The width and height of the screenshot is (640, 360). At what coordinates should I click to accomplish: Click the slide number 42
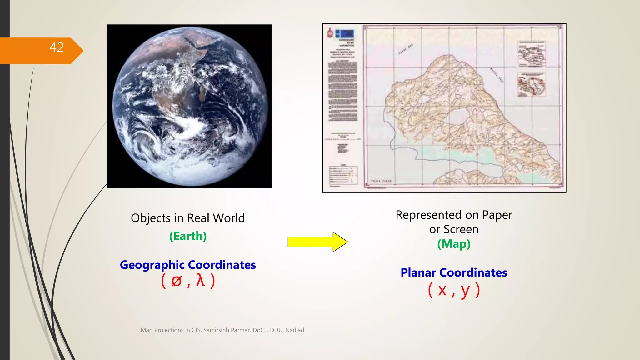pos(57,47)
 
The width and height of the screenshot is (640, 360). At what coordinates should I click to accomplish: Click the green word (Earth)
pos(188,236)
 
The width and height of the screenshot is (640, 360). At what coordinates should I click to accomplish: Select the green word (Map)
pos(454,244)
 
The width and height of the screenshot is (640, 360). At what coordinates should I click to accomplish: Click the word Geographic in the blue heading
pos(152,265)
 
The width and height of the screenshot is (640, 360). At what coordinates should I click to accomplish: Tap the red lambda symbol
pos(200,280)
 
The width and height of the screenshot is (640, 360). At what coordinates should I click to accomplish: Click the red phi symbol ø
pos(177,281)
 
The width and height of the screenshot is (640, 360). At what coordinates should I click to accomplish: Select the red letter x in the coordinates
pos(442,290)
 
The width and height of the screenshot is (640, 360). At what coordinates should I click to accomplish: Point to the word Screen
pos(461,230)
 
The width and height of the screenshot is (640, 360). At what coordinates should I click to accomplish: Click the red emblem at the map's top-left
pos(330,33)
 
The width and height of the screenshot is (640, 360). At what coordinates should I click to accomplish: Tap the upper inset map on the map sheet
pos(532,54)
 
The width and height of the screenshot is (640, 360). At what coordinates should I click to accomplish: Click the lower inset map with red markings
pos(532,85)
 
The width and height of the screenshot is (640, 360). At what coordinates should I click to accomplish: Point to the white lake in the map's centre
pos(459,116)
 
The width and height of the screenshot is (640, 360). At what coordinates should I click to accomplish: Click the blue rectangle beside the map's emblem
pos(345,33)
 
